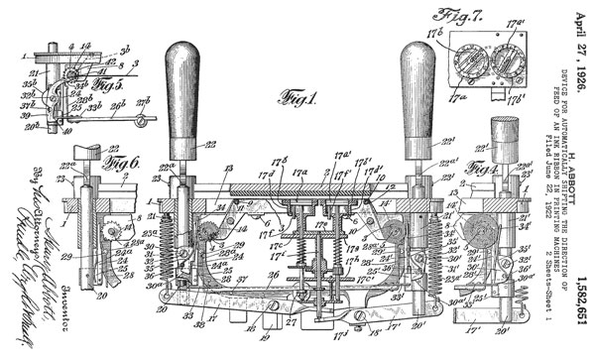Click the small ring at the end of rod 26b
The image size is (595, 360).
point(151,121)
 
